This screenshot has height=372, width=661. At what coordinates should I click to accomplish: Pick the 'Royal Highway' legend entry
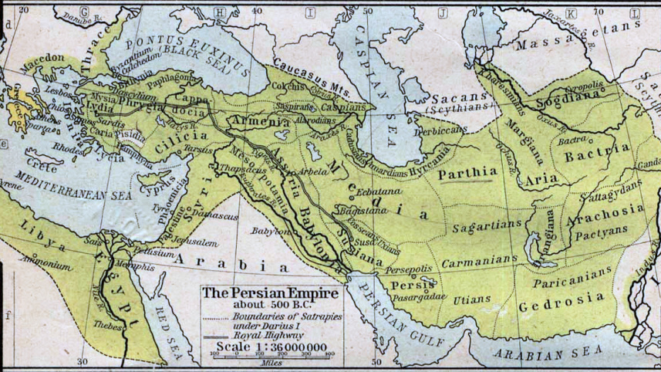click(x=255, y=335)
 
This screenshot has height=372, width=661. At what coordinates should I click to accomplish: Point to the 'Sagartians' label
click(x=462, y=228)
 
